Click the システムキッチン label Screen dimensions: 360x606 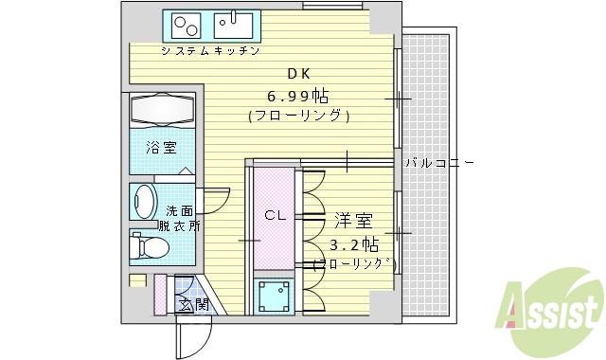210,50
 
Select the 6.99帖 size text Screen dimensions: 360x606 299,96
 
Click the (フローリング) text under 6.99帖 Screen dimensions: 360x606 299,117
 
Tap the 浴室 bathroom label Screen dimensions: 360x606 161,148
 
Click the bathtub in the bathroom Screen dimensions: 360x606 160,110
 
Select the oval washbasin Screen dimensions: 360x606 144,202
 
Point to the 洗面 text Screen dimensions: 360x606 180,210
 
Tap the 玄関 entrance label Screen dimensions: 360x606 197,304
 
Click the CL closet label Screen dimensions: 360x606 275,215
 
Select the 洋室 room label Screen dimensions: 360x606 352,221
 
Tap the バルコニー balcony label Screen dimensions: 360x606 439,163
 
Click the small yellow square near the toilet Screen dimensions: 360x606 138,280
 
